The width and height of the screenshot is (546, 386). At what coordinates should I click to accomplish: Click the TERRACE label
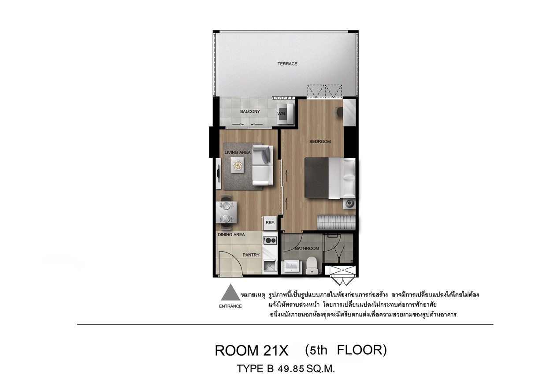click(287, 64)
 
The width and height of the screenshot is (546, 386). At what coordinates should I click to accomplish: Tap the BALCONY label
click(250, 111)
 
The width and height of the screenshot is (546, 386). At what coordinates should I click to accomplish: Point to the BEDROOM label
click(320, 141)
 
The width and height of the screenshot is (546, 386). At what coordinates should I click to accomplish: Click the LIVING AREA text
click(238, 152)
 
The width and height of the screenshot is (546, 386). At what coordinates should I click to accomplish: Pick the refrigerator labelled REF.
click(270, 223)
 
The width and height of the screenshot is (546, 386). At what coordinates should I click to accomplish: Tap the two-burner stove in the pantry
click(270, 241)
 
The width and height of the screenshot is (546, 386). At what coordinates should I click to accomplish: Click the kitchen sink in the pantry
click(270, 266)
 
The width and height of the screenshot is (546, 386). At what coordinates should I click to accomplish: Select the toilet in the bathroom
click(312, 265)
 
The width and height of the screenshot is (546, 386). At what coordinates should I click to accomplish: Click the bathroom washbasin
click(292, 267)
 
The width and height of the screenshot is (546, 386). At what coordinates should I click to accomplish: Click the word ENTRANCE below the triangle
click(230, 306)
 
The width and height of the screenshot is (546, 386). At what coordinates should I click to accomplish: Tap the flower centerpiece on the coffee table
click(238, 165)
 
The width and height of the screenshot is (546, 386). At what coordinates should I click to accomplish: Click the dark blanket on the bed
click(317, 178)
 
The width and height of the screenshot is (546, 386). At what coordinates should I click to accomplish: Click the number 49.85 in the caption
click(291, 369)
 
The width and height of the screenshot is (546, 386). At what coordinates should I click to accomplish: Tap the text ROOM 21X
click(252, 351)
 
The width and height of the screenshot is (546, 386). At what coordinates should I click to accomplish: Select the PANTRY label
click(251, 255)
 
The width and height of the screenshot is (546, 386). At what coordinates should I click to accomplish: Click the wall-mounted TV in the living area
click(219, 173)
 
